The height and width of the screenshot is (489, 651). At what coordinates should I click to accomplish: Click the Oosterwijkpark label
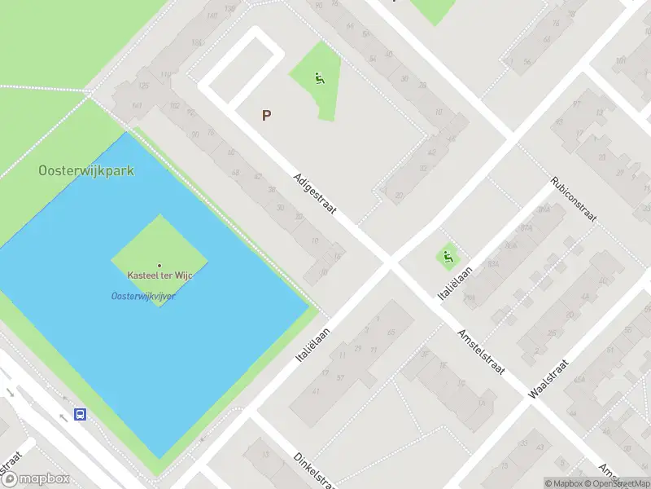click(86, 171)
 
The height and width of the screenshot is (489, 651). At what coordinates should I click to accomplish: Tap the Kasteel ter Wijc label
click(159, 276)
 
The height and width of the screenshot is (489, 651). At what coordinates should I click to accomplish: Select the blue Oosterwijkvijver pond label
click(143, 296)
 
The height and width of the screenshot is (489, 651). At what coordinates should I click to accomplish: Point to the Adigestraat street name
click(316, 194)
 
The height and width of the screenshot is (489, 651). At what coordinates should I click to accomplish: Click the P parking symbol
click(266, 116)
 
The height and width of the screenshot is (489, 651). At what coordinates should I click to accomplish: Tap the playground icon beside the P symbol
click(318, 79)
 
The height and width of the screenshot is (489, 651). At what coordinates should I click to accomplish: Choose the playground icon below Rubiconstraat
click(447, 258)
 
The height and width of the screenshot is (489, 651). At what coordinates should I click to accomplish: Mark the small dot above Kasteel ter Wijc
click(159, 265)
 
